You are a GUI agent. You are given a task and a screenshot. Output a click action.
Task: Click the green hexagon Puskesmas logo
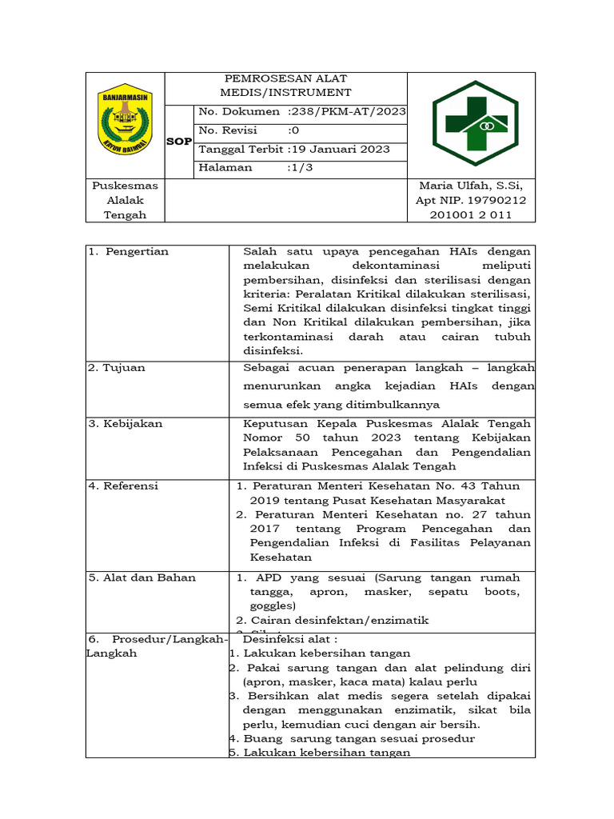pos(475,123)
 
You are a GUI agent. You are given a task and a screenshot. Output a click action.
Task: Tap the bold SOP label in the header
pos(178,142)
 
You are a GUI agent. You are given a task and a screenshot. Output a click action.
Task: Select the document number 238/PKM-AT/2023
pos(350,112)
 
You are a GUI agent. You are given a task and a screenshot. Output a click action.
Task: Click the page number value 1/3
pos(302,168)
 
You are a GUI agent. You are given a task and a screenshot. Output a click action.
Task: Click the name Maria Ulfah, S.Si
pos(471,186)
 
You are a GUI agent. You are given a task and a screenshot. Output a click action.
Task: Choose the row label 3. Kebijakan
pos(123,423)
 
